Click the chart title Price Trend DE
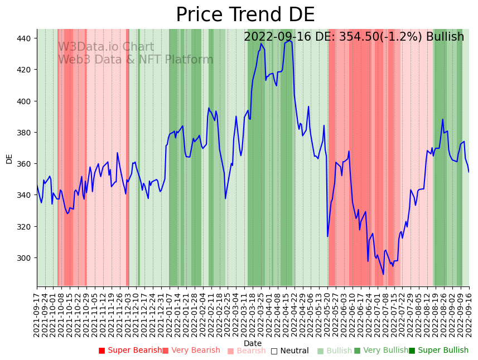coord(245,15)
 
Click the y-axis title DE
coord(9,158)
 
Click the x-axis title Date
coord(252,343)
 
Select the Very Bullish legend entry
coord(385,351)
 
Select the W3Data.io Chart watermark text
coord(106,47)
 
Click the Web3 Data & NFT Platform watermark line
coord(136,60)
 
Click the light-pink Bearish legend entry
coord(251,351)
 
